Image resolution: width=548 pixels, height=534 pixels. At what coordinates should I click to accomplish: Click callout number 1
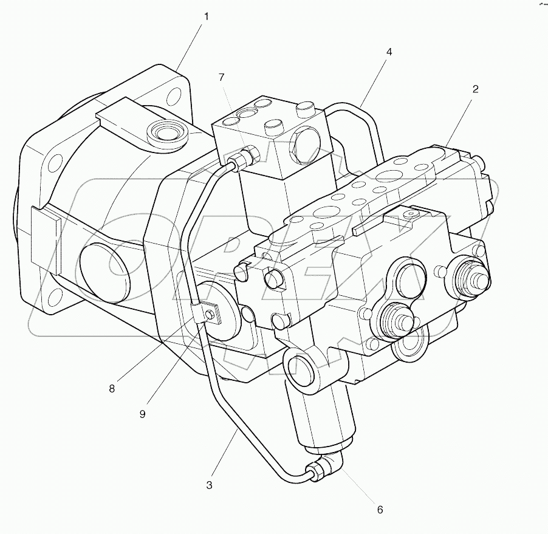[x=206, y=17]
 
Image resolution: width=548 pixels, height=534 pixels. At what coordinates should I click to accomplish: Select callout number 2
[x=475, y=89]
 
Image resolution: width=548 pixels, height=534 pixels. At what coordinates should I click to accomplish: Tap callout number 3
[x=210, y=485]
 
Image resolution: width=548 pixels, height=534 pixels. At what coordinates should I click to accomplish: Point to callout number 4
[x=389, y=52]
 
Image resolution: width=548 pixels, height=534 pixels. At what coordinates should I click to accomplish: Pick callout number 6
[x=380, y=510]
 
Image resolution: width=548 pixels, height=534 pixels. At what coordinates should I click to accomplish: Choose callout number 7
[x=222, y=77]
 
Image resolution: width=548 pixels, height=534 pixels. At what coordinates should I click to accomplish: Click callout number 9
[x=143, y=414]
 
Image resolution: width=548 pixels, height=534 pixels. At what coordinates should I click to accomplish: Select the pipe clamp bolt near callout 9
[x=209, y=315]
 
